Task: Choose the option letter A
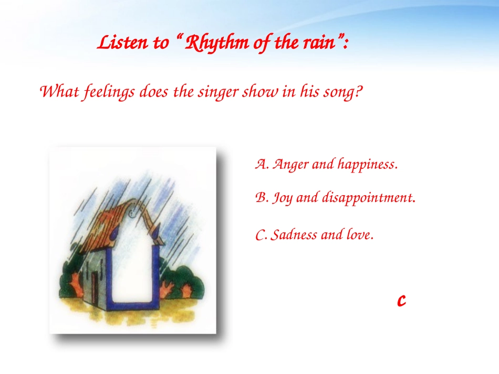(261, 165)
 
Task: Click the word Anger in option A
(290, 165)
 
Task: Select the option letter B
(261, 198)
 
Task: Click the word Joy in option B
(283, 198)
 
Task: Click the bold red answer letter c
(401, 300)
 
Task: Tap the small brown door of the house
(95, 288)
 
